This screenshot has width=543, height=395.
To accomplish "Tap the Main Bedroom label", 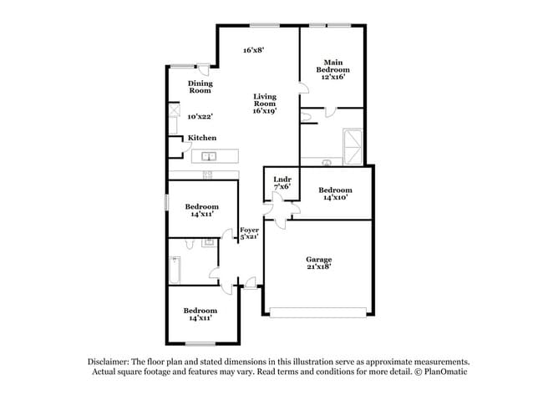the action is point(332,69).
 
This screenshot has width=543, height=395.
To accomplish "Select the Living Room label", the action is point(265,104).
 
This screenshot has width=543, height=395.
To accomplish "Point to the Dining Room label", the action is point(200,87).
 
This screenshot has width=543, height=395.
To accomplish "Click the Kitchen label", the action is point(202,138).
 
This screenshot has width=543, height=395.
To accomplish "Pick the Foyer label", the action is point(249,230).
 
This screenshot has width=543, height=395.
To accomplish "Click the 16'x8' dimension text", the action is point(254,50).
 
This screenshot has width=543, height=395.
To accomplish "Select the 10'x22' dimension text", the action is point(200,117).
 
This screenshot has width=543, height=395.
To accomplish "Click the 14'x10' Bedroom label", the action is point(335,194).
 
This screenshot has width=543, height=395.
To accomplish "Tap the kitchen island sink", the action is point(209,156).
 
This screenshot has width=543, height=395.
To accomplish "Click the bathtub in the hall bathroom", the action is point(175,270).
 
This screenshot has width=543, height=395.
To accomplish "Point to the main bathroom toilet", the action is point(306,117).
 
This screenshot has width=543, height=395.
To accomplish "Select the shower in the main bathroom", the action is point(353,147).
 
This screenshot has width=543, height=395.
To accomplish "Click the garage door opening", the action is point(318,312).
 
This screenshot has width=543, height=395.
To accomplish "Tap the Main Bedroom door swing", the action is point(304,89).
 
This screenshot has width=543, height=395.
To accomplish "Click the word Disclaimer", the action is point(109,362).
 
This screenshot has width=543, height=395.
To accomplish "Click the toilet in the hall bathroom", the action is point(189,243).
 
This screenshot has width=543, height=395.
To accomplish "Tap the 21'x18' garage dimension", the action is point(319,266).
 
